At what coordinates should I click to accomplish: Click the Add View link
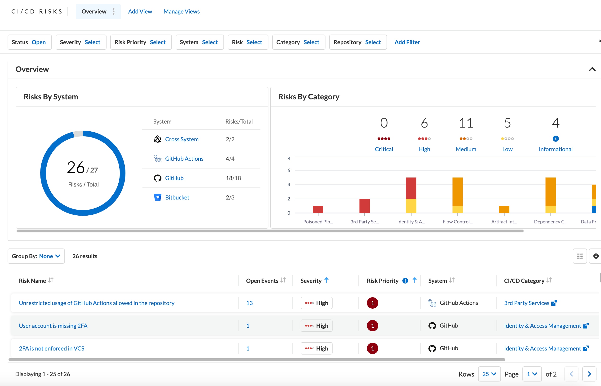(140, 12)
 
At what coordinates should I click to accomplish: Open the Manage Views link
(181, 12)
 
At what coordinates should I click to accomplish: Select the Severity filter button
(81, 42)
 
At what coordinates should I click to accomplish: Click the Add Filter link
(407, 42)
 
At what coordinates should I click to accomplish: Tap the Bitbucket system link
(177, 198)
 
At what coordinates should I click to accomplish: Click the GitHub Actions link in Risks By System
(184, 159)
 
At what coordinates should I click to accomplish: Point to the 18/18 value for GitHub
(233, 178)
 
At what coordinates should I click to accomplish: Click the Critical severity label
(383, 149)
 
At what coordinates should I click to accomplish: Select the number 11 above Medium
(466, 123)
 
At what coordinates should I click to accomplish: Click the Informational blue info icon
(555, 139)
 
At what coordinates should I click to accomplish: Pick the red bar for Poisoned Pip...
(318, 209)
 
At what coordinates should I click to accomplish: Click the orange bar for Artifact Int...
(504, 209)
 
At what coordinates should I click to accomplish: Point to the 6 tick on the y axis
(289, 170)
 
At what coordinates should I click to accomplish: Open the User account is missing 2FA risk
(53, 326)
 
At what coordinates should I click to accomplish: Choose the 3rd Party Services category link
(526, 303)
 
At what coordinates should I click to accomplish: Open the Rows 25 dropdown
(489, 374)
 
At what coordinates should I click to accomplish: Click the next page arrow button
(589, 374)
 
